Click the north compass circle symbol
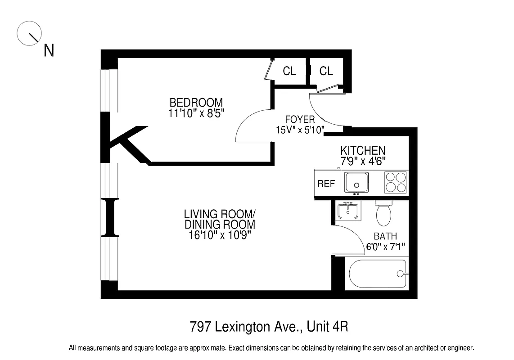click(x=29, y=33)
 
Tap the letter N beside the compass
click(x=49, y=51)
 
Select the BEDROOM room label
click(x=196, y=103)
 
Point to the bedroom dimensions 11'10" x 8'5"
click(x=196, y=113)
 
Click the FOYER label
click(x=300, y=120)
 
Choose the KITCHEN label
click(x=362, y=150)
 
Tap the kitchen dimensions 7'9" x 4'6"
click(x=362, y=160)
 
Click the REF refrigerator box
click(x=326, y=184)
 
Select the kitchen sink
click(x=356, y=183)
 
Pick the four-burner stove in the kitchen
click(x=396, y=183)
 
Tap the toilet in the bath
click(x=383, y=213)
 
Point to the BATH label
click(x=385, y=236)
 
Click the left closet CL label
click(x=289, y=71)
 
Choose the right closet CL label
click(x=326, y=71)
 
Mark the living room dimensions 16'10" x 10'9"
click(x=220, y=235)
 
